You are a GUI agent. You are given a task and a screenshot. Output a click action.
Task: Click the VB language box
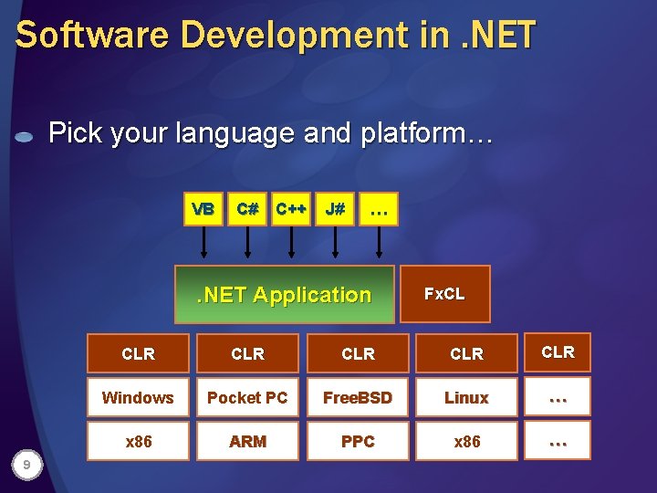203,210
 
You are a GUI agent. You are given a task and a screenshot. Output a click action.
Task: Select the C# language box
247,210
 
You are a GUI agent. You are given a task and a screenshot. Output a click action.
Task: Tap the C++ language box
291,210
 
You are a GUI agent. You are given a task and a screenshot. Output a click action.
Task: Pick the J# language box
335,210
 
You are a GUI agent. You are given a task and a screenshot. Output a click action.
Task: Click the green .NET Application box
285,295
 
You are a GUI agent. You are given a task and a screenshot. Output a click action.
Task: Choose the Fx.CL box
444,294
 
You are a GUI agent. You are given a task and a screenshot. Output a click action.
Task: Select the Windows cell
138,397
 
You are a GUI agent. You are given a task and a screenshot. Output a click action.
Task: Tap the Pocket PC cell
247,397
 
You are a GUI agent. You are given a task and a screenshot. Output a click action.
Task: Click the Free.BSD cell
358,397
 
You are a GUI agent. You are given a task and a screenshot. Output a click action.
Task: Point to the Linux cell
466,397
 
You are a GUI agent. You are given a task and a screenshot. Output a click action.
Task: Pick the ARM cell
247,441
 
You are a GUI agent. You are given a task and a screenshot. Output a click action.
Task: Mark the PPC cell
358,441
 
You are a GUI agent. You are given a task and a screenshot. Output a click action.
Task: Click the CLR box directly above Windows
138,353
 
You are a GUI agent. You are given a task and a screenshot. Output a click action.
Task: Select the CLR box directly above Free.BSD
358,353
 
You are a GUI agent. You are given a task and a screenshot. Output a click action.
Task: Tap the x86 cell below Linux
466,441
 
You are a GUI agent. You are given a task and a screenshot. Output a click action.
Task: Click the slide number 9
28,467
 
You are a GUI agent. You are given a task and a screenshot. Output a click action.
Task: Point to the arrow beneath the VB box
203,243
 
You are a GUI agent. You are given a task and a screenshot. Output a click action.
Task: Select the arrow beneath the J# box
335,243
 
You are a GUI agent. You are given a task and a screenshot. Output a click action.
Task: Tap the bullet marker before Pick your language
25,137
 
